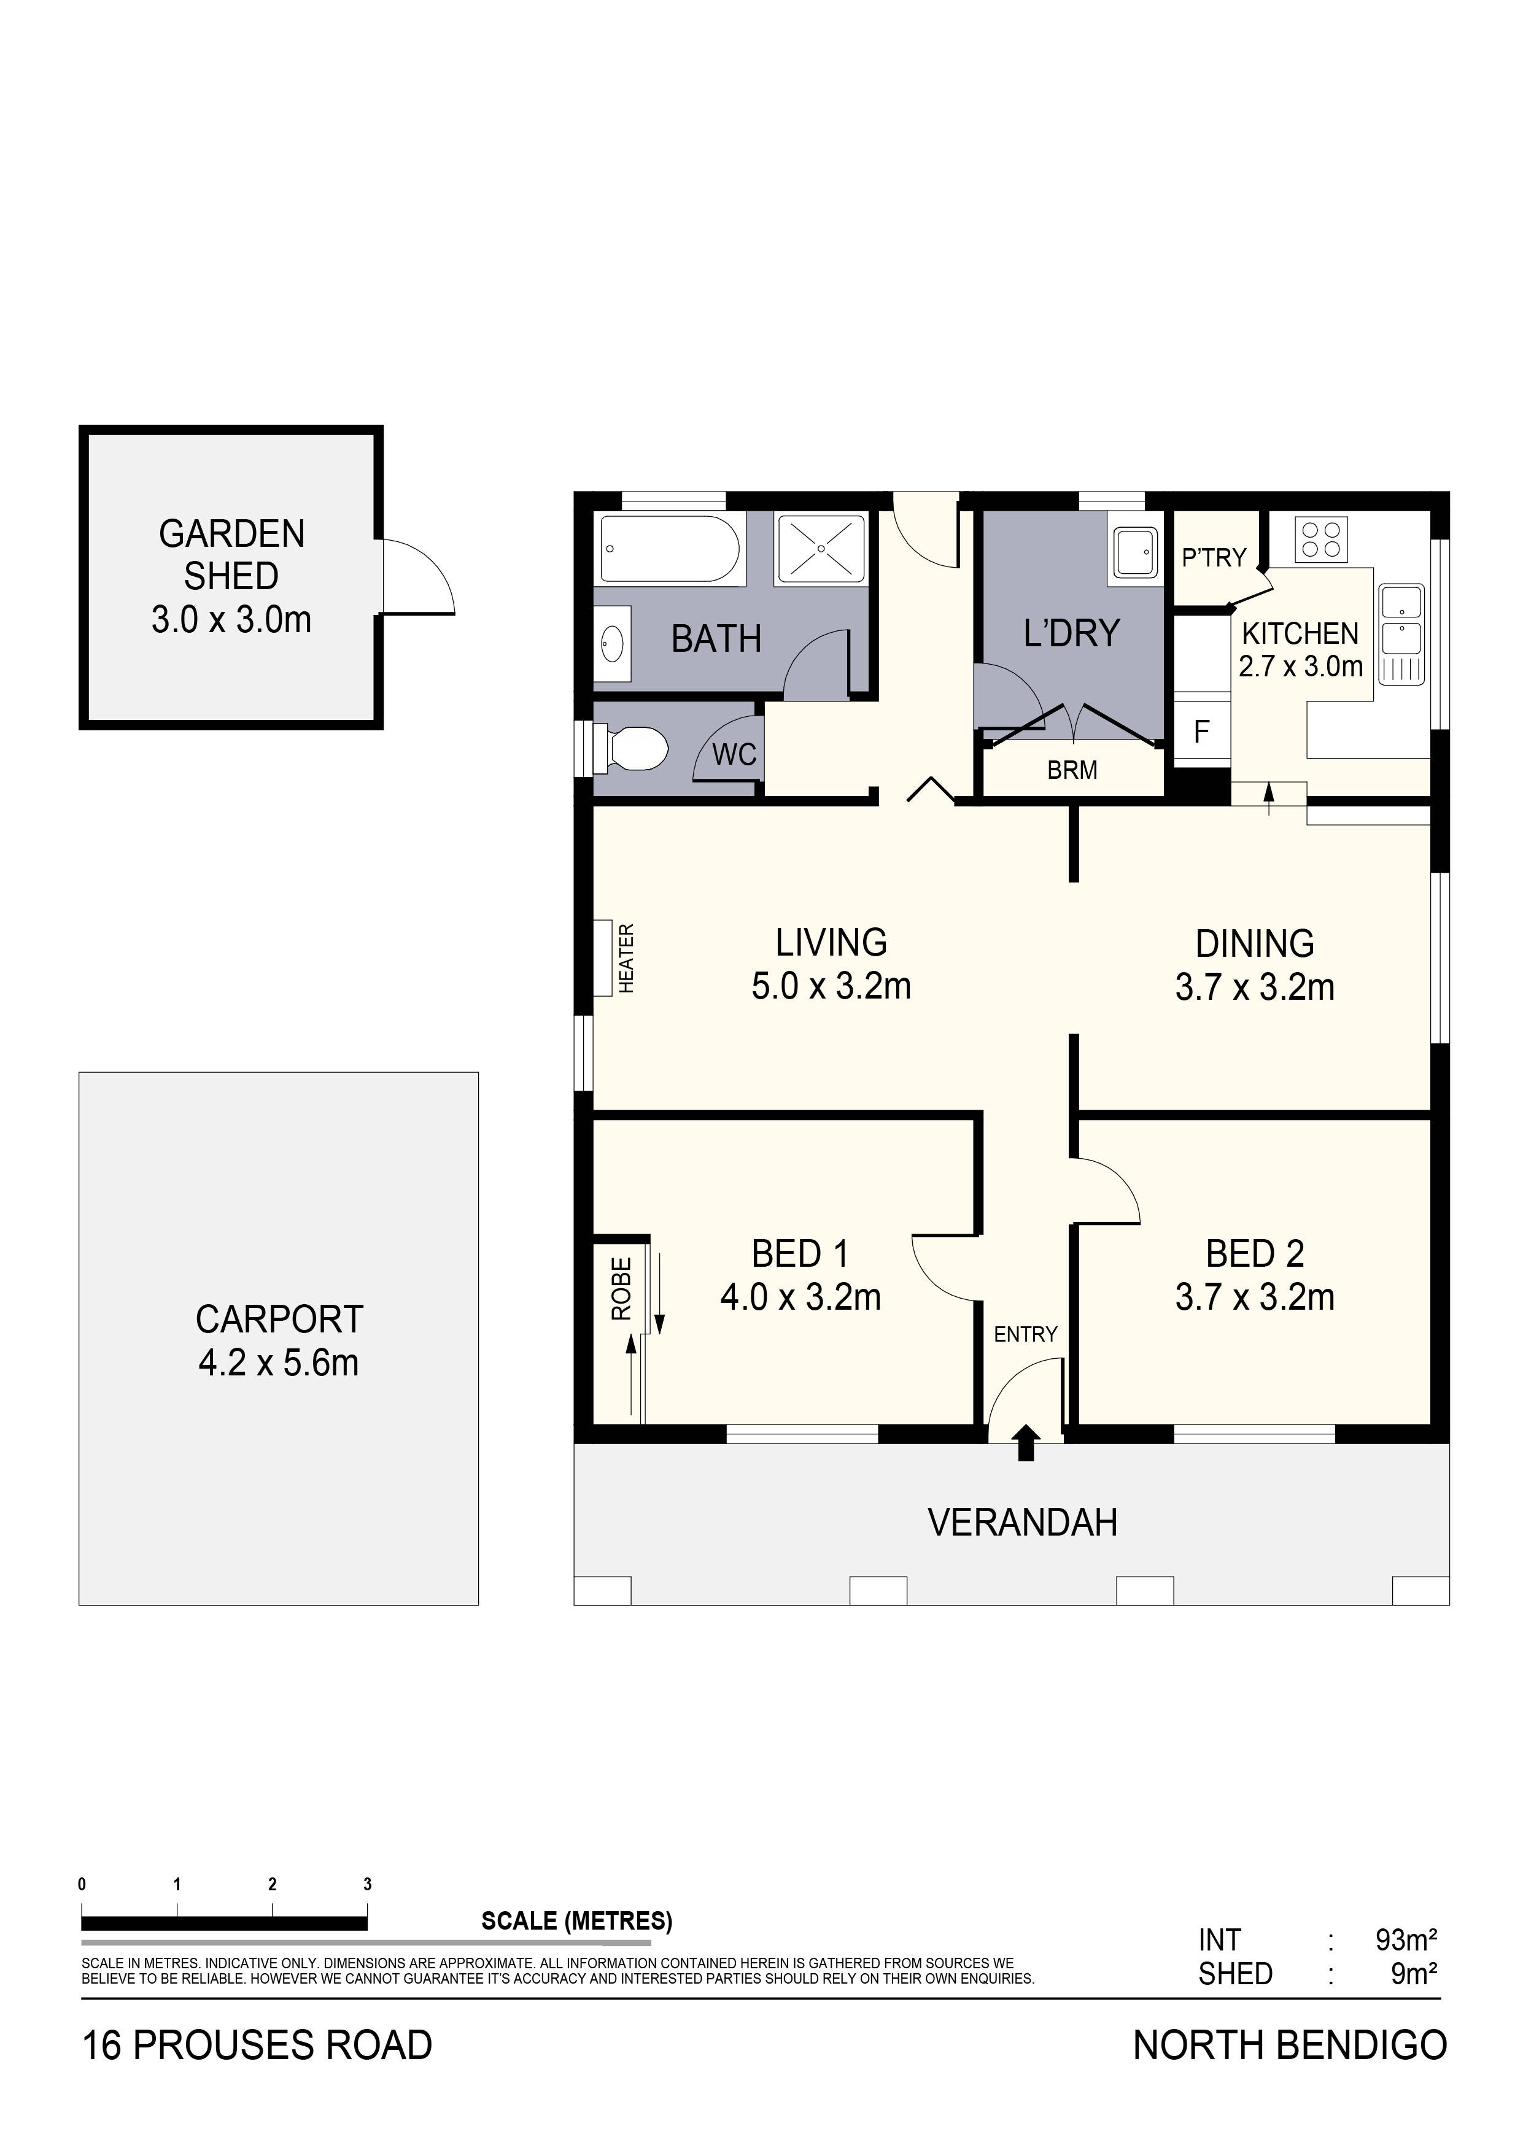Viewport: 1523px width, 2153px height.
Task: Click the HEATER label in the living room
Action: click(627, 957)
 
